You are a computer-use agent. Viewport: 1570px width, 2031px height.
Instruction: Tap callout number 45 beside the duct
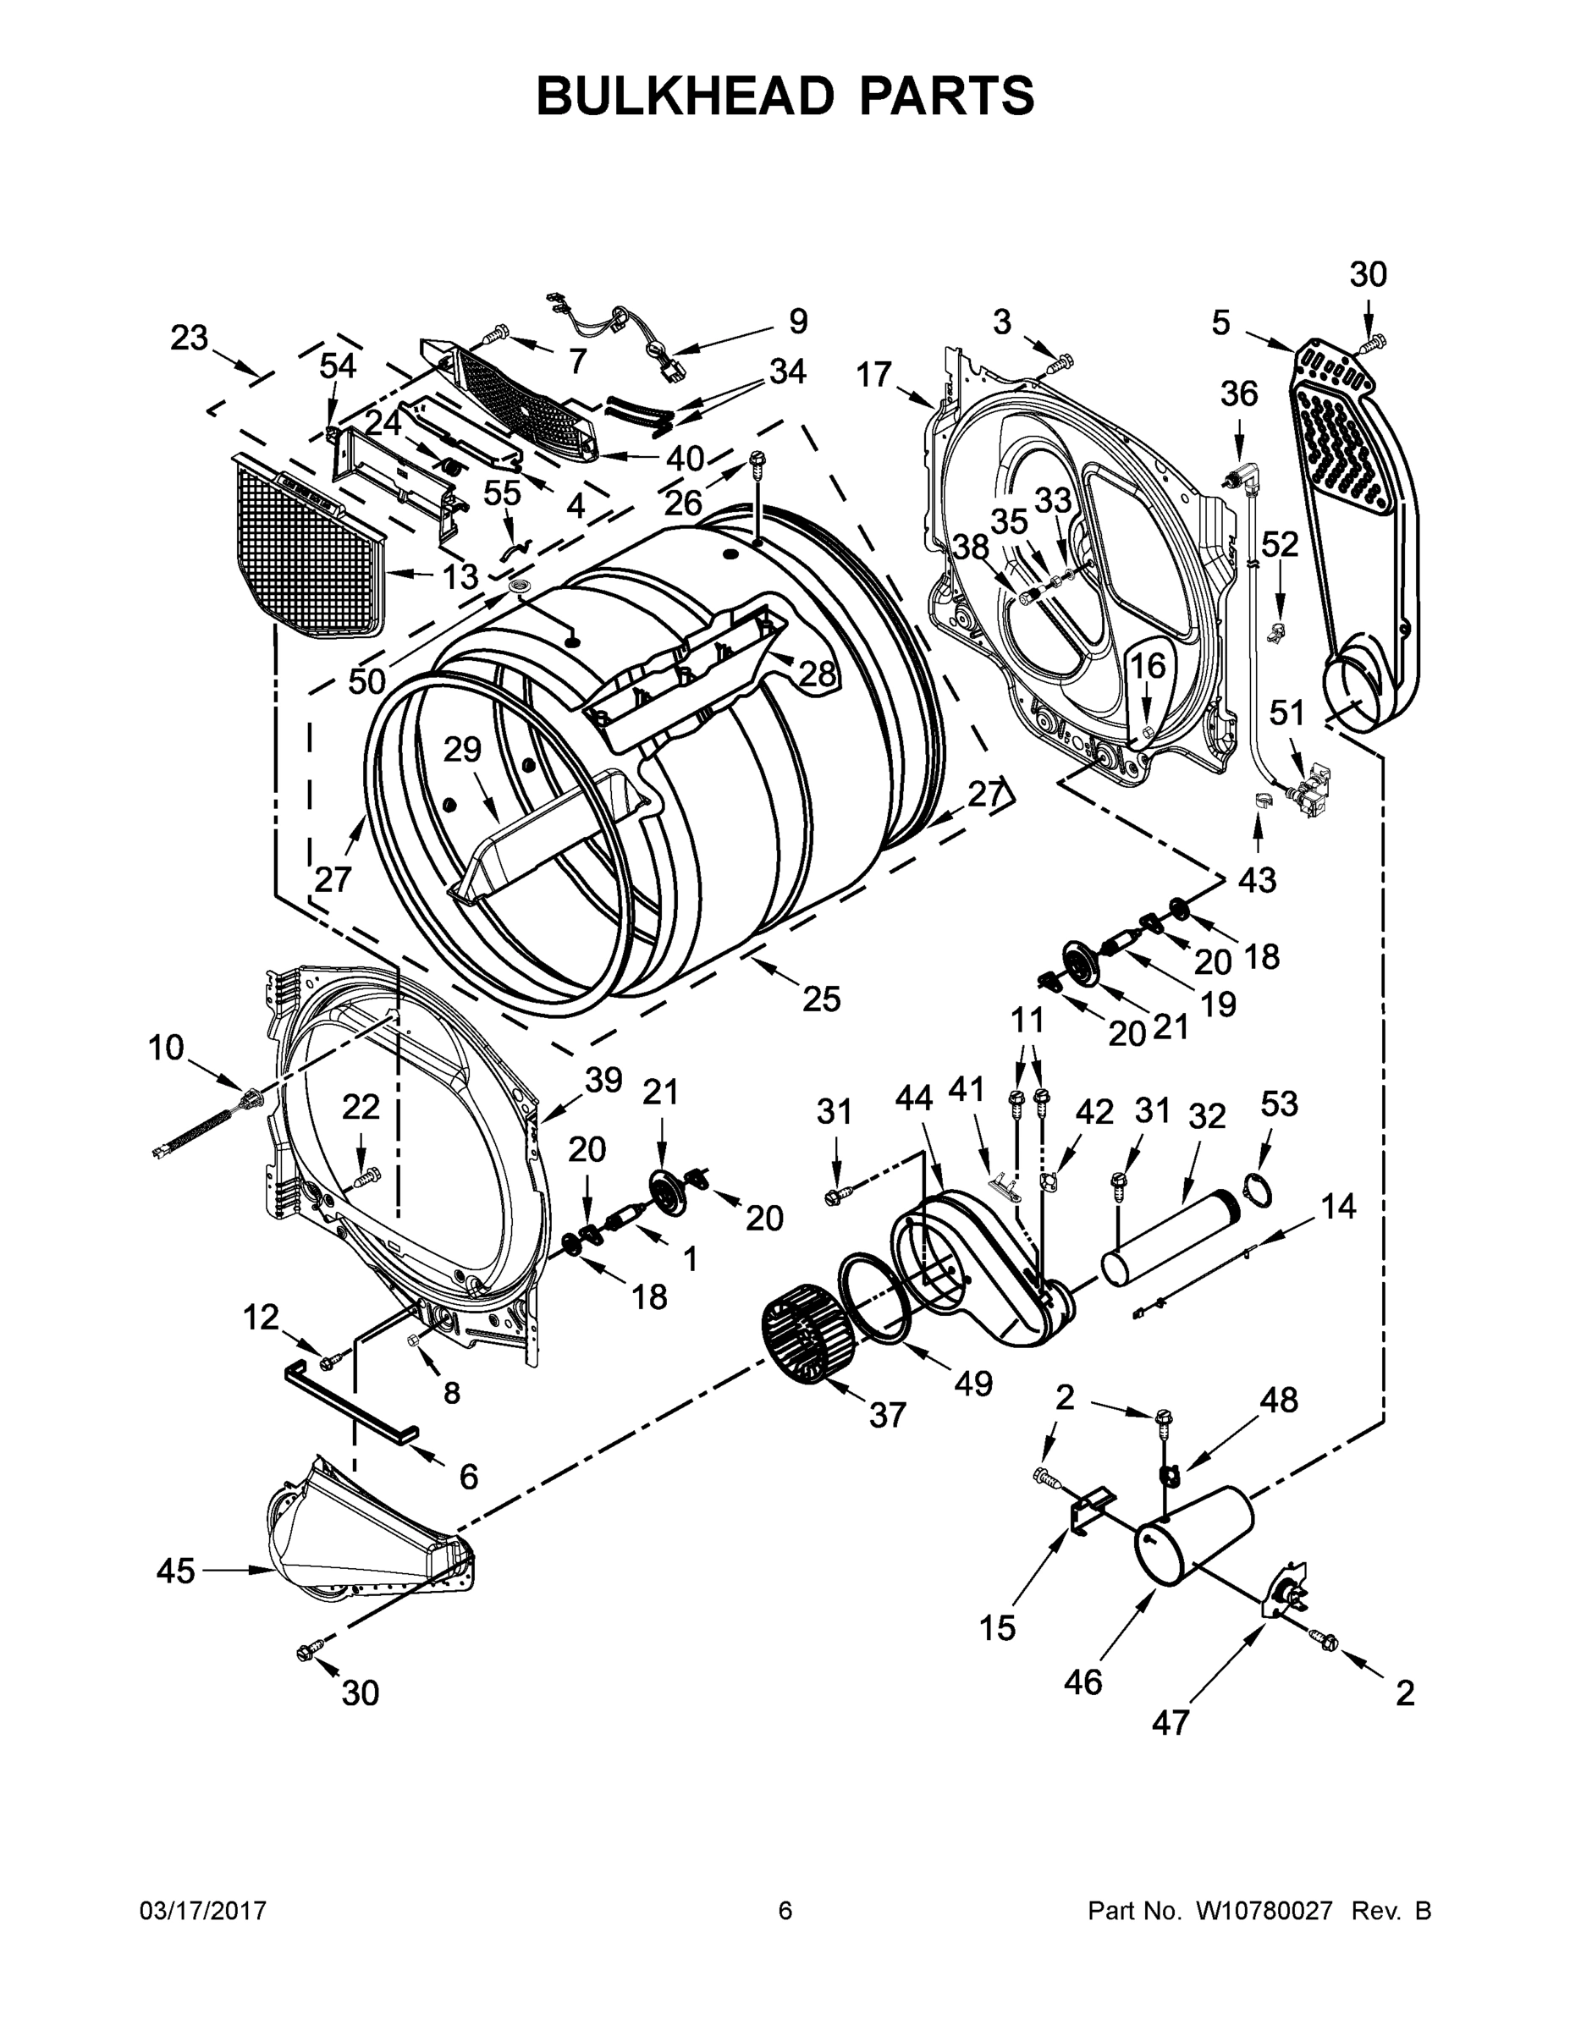[175, 1571]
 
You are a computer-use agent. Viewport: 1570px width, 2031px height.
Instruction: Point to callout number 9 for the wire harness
[798, 322]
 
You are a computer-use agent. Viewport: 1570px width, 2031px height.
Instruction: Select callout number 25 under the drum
[821, 999]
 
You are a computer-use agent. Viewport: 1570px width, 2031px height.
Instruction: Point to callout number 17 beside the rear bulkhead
[874, 375]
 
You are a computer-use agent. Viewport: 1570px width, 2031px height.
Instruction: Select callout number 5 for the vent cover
[1220, 323]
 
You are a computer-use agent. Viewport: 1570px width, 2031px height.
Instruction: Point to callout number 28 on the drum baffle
[818, 674]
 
